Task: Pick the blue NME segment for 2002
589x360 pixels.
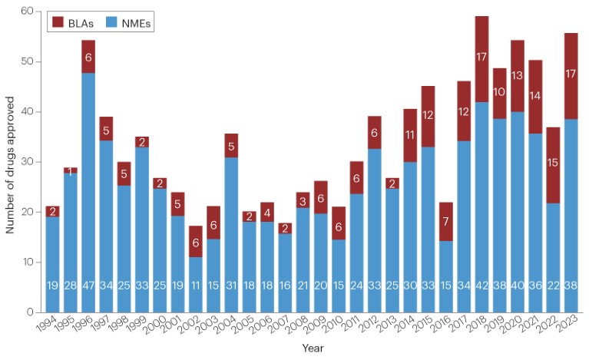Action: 196,284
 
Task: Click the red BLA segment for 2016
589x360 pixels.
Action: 445,222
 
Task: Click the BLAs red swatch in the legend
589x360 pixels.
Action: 57,24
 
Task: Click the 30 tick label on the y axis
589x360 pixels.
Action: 28,162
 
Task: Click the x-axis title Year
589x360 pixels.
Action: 312,348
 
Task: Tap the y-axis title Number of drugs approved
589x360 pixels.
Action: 10,161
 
